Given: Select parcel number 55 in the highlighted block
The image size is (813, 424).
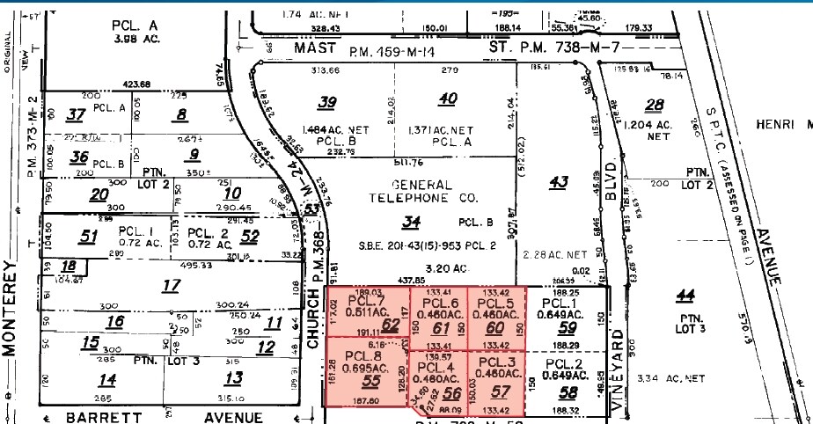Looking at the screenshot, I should [370, 381].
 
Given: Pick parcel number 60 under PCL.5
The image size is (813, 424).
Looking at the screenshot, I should [495, 327].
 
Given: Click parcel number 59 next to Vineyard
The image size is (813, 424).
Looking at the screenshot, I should [568, 329].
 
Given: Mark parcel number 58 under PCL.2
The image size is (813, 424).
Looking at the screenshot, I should [568, 392].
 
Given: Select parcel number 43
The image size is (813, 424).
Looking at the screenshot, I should [558, 182].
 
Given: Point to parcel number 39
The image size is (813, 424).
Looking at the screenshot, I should [327, 102].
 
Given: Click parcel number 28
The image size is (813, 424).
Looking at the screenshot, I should [654, 106].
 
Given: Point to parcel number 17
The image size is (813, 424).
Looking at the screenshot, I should [172, 285].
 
